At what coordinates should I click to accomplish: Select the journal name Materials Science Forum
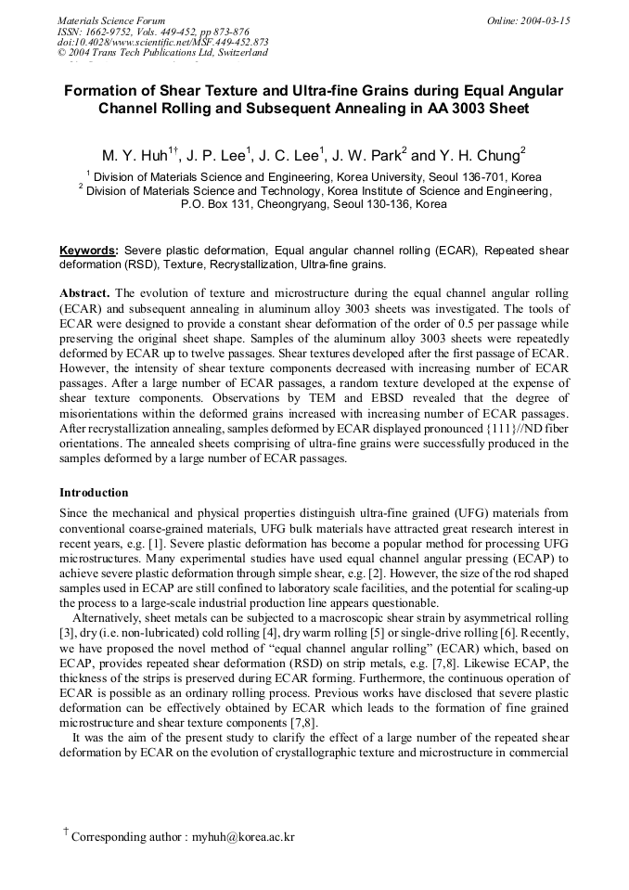coord(111,20)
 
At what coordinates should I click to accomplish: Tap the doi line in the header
coord(163,42)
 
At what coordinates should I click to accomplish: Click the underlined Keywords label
coord(88,251)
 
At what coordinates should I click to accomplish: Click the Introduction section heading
coord(94,492)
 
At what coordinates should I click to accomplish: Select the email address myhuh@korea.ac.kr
coord(243,837)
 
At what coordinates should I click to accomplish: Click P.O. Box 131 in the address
coord(216,203)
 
